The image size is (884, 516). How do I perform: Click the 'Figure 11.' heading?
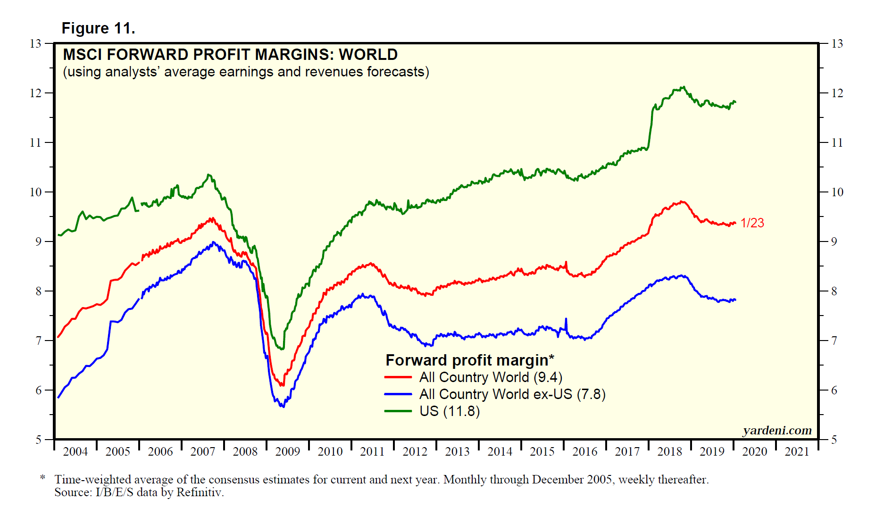click(x=98, y=28)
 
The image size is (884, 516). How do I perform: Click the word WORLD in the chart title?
click(x=368, y=55)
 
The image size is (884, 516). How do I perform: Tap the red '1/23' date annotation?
click(x=752, y=223)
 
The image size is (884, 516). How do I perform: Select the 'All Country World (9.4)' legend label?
click(x=491, y=377)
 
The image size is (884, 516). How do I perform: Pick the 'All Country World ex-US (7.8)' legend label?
click(x=512, y=394)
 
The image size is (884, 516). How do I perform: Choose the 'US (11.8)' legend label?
click(x=450, y=411)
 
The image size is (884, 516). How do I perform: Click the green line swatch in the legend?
click(x=398, y=411)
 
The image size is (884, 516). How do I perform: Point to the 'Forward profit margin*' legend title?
click(x=470, y=360)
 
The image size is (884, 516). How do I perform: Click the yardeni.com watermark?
click(x=777, y=430)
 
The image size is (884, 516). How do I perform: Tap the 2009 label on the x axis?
click(x=287, y=452)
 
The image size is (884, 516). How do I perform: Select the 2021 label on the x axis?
click(x=797, y=452)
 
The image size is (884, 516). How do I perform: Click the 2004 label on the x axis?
click(x=75, y=452)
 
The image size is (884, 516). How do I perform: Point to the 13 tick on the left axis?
click(x=35, y=44)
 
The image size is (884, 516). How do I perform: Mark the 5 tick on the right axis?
click(x=834, y=440)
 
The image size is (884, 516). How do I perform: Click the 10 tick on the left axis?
click(x=35, y=192)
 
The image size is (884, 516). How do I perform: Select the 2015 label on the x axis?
click(x=542, y=452)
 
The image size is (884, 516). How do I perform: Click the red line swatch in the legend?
click(x=398, y=377)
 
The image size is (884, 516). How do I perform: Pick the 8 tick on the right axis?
click(x=834, y=291)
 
